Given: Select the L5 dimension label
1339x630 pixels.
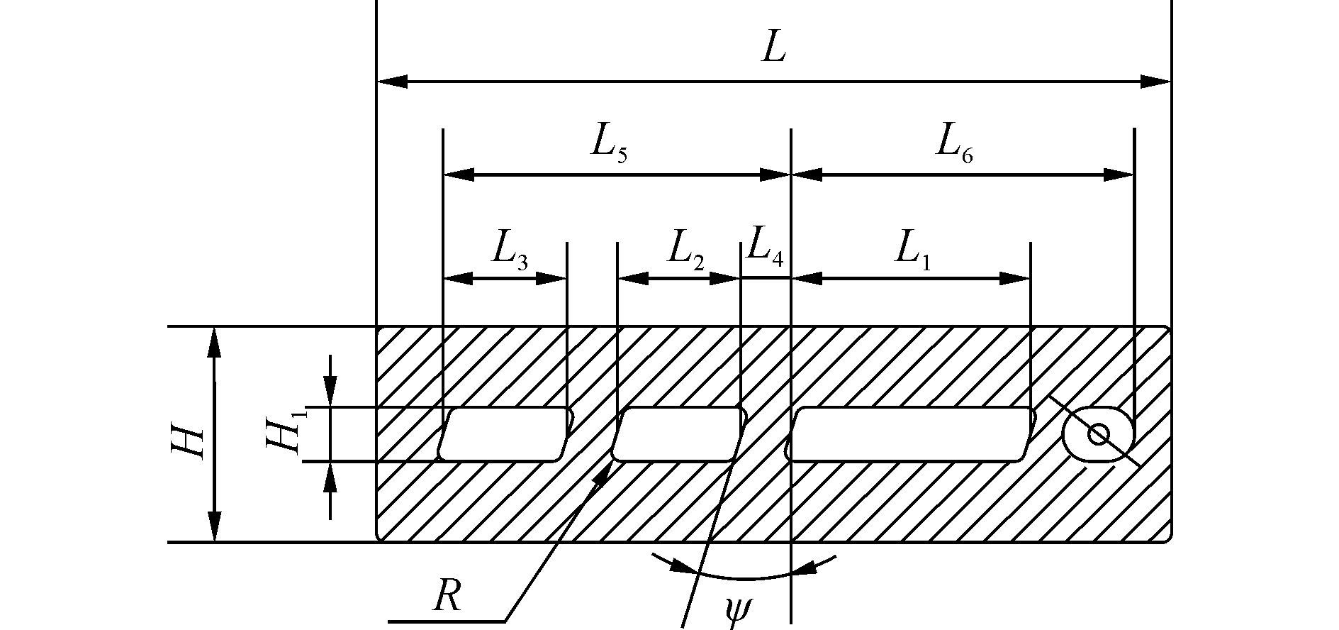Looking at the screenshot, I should click(609, 145).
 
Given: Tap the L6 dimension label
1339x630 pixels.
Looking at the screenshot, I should click(954, 145).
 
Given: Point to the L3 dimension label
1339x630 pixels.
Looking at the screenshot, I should click(508, 252).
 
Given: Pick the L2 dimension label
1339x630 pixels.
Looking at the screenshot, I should click(684, 252).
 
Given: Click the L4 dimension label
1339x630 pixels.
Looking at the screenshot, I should click(765, 248).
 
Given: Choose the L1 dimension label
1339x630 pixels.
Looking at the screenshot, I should click(913, 252).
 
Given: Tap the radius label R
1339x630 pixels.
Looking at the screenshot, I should click(447, 597).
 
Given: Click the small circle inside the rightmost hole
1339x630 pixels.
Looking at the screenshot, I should click(1098, 434).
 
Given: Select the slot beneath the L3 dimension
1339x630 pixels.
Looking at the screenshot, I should click(505, 434).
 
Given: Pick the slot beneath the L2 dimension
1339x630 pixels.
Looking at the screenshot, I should click(678, 434).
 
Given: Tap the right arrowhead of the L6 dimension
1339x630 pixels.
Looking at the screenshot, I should click(1119, 175).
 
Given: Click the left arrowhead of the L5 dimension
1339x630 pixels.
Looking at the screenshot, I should click(458, 175).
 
